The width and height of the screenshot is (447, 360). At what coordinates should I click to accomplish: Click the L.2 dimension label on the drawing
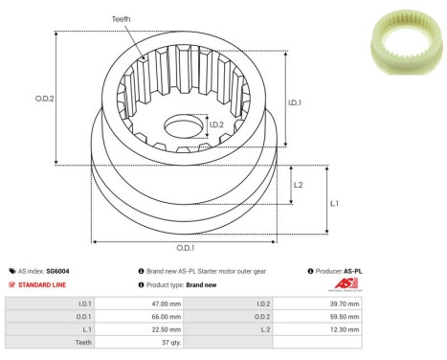tap(298, 185)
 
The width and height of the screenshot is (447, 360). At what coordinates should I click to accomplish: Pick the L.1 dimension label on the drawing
tap(332, 203)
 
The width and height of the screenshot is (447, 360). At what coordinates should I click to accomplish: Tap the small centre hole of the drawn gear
tap(182, 125)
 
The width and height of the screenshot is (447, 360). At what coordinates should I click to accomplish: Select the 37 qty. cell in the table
tap(146, 341)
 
